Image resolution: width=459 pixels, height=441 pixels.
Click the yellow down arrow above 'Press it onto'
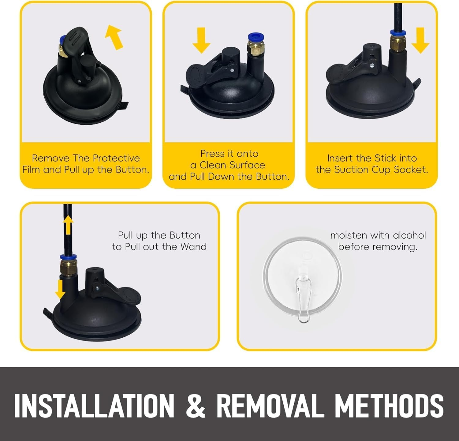(x=201, y=40)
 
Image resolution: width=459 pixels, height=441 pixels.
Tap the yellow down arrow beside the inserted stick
(x=420, y=40)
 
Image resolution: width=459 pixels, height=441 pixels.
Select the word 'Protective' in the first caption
(x=116, y=158)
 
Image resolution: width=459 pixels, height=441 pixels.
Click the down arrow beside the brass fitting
(x=60, y=289)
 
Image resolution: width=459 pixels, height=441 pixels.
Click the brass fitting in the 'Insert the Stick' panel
(x=397, y=43)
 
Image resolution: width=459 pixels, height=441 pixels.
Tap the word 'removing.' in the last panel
(x=378, y=247)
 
